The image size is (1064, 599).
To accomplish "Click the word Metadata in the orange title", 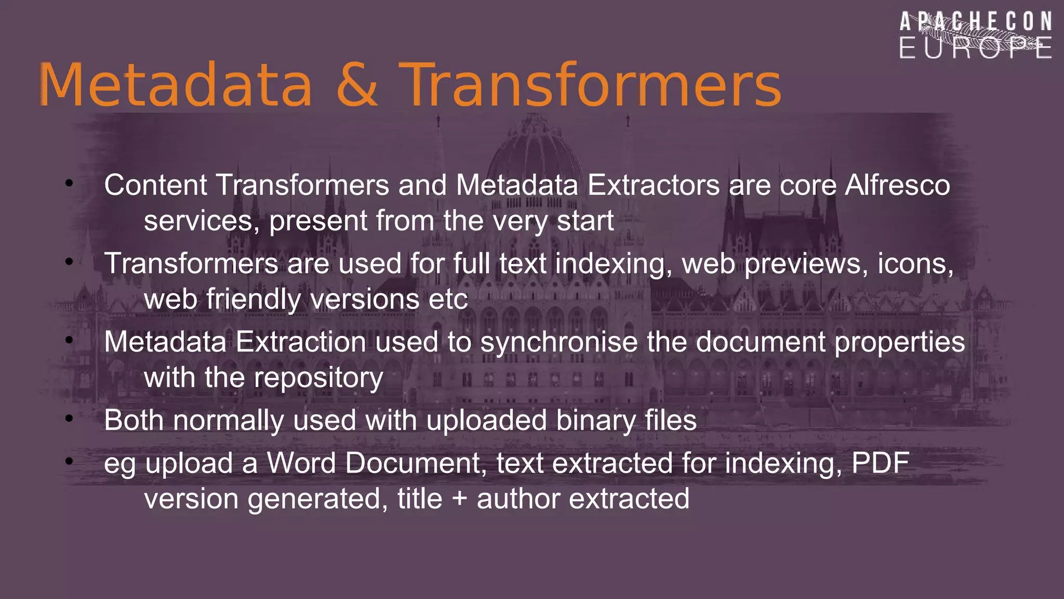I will click(176, 85).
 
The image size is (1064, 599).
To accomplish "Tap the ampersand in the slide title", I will click(357, 85).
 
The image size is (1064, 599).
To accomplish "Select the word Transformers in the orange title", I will click(590, 85).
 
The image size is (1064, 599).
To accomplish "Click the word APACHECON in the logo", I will click(976, 22).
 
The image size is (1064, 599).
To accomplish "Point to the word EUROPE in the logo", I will click(976, 48).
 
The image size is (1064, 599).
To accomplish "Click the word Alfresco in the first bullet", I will click(897, 185).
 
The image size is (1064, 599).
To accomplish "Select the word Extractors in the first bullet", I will click(653, 185).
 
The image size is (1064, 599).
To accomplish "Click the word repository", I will click(318, 378).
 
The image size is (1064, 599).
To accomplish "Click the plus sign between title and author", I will click(459, 499).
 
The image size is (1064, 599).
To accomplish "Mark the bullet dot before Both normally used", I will click(69, 418).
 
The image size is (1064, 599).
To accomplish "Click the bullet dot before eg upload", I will click(69, 461).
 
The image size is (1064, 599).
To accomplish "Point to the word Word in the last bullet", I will click(301, 463).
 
